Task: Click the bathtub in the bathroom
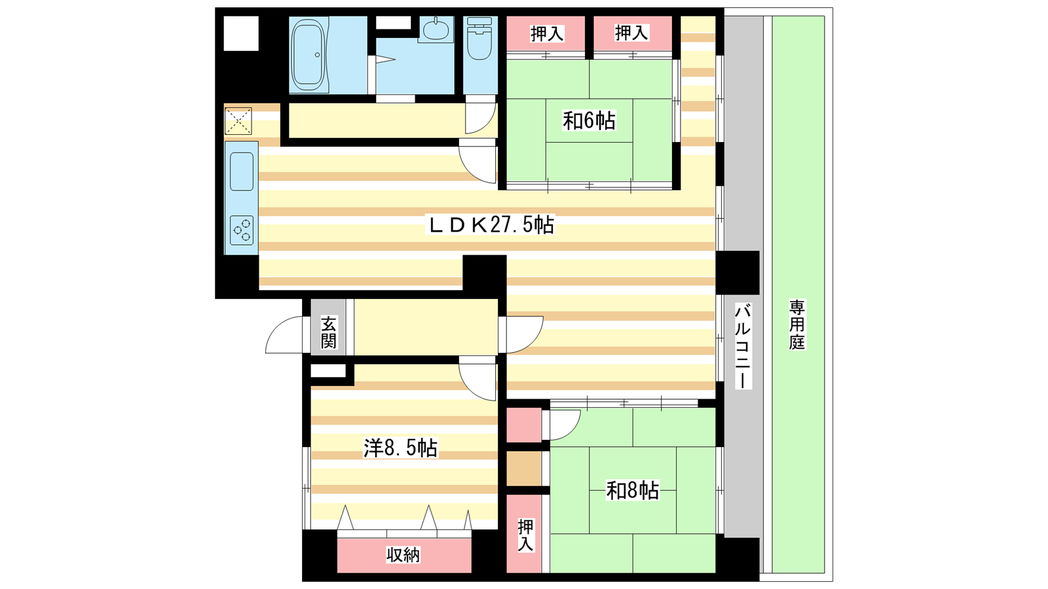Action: [x=309, y=55]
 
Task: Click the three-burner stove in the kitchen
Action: [x=242, y=230]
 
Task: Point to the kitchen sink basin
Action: [x=242, y=171]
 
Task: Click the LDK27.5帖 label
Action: [x=492, y=225]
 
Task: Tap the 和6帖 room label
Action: [x=589, y=120]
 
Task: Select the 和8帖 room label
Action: [x=633, y=491]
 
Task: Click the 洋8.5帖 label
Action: [x=400, y=448]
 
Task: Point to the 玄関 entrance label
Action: [x=328, y=332]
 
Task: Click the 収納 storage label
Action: [x=403, y=555]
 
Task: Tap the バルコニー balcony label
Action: [x=743, y=346]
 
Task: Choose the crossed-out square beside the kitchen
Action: [x=238, y=121]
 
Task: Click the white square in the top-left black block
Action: [x=241, y=33]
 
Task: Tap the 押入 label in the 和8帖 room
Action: [x=525, y=535]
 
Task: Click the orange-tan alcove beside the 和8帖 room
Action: [x=524, y=469]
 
